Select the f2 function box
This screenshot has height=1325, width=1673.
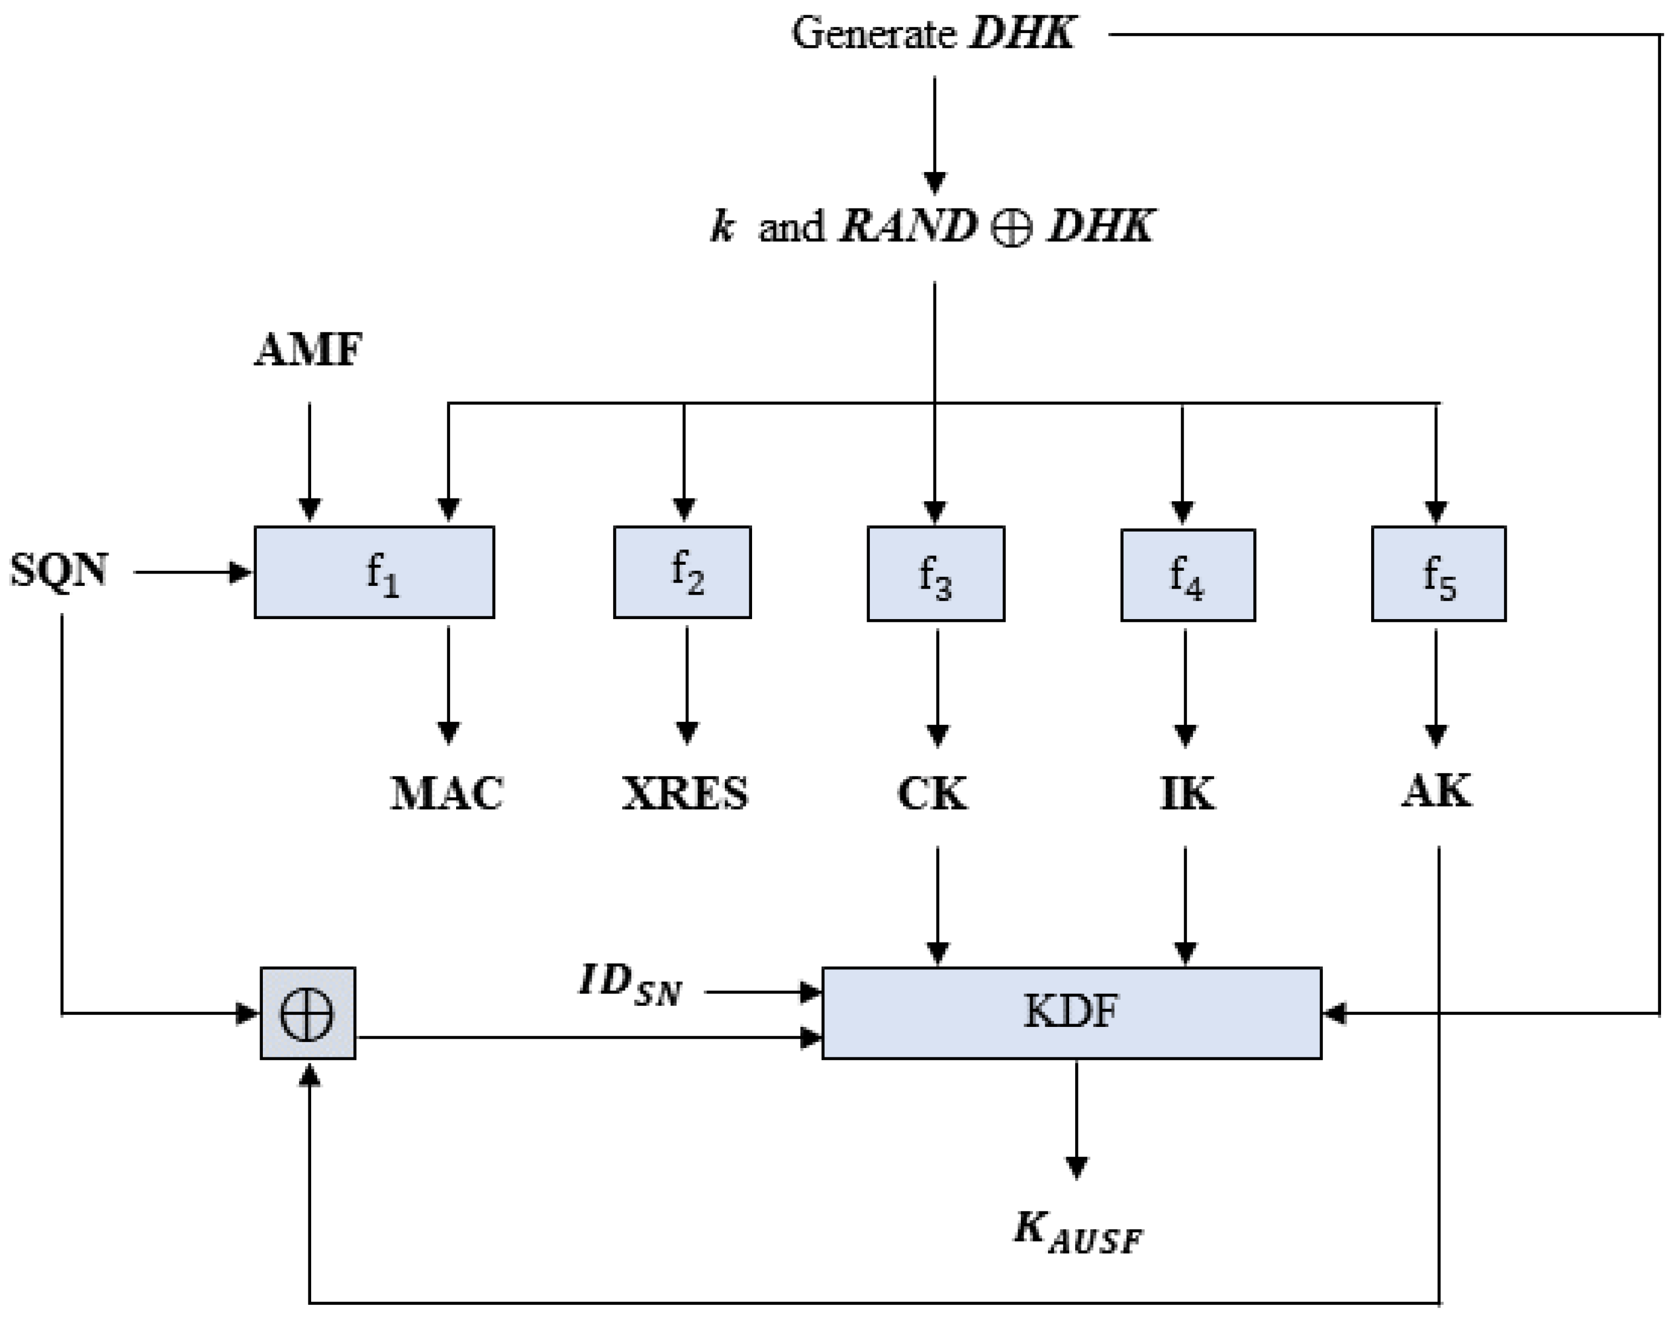[x=682, y=572]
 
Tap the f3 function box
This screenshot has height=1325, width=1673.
[x=936, y=574]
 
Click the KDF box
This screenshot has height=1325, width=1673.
[x=1071, y=1012]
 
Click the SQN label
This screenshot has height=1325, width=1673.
[x=59, y=571]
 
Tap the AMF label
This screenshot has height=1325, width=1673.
[x=308, y=350]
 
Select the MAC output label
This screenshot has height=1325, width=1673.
[x=447, y=793]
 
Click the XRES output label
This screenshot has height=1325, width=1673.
[x=685, y=793]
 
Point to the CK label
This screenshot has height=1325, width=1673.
[x=932, y=793]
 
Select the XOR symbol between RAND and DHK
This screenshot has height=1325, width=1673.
[x=1012, y=228]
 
